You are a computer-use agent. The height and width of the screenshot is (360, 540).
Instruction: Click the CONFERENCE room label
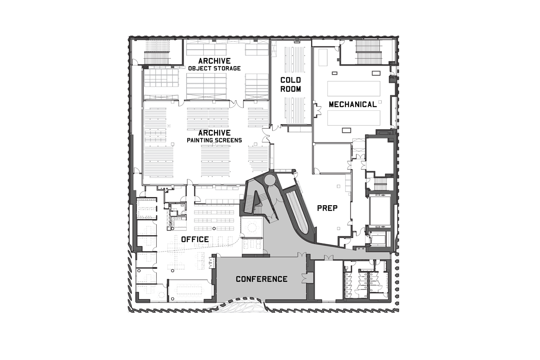[x=261, y=279]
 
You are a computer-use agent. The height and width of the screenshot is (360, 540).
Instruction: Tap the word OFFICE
[x=195, y=239]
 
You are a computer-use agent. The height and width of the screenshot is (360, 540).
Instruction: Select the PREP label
[x=327, y=208]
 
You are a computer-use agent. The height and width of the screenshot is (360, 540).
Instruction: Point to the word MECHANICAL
[x=353, y=104]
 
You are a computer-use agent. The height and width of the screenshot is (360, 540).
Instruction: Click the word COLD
[x=291, y=80]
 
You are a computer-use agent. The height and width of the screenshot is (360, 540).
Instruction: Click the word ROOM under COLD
[x=291, y=89]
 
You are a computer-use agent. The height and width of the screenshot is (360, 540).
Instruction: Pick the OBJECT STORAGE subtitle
[x=214, y=68]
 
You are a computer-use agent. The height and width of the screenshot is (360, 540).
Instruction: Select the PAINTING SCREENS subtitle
[x=214, y=140]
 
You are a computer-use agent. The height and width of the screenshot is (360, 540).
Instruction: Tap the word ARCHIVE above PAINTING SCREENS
[x=214, y=133]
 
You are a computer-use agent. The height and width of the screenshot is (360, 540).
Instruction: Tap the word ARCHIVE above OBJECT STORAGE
[x=214, y=61]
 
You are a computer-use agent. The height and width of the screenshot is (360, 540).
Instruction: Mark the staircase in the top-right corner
[x=369, y=52]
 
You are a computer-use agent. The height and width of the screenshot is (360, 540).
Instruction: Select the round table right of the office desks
[x=252, y=227]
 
